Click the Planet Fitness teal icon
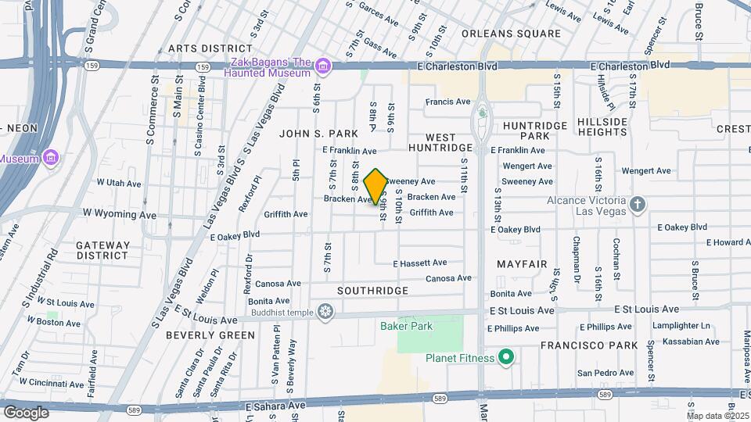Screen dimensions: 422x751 506,358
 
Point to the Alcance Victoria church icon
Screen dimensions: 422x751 638,205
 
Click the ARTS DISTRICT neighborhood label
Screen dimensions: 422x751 210,48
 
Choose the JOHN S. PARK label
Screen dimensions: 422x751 318,134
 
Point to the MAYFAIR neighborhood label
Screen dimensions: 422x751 522,264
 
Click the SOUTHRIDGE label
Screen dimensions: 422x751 372,291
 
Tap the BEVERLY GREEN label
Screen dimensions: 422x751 210,335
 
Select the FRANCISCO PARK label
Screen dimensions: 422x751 588,345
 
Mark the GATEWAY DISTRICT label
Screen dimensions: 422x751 102,250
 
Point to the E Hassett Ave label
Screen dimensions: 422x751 419,263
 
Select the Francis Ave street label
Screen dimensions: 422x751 447,102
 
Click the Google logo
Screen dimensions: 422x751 26,412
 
